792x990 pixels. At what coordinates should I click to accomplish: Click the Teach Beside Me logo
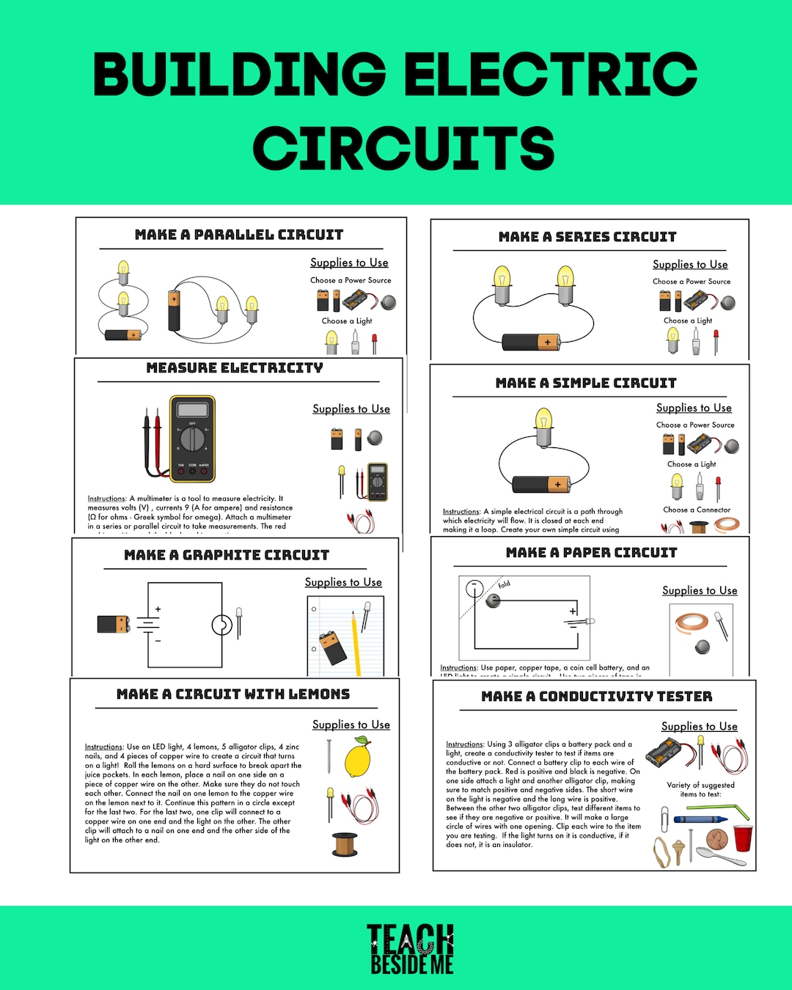pyautogui.click(x=411, y=949)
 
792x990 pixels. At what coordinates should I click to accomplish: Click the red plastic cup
pyautogui.click(x=743, y=837)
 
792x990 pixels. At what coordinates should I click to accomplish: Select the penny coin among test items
pyautogui.click(x=716, y=839)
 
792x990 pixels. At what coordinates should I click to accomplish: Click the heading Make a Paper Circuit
pyautogui.click(x=591, y=553)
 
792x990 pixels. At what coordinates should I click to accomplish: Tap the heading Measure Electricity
pyautogui.click(x=235, y=368)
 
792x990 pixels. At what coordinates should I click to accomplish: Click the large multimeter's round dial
pyautogui.click(x=192, y=439)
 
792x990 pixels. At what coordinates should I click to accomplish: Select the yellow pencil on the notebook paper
pyautogui.click(x=356, y=642)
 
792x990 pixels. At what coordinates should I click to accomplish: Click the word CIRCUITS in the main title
pyautogui.click(x=403, y=148)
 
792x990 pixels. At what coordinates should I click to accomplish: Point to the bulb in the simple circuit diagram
pyautogui.click(x=543, y=426)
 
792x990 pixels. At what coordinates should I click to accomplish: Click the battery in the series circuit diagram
pyautogui.click(x=531, y=342)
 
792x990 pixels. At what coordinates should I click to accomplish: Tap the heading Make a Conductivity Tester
pyautogui.click(x=596, y=697)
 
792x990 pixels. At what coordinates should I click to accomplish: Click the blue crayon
pyautogui.click(x=700, y=818)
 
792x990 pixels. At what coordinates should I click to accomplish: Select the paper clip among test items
pyautogui.click(x=664, y=819)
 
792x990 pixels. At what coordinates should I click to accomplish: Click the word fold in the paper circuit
pyautogui.click(x=504, y=584)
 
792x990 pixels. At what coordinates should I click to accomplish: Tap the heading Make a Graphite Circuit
pyautogui.click(x=227, y=555)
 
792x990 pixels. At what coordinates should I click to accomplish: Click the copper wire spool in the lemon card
pyautogui.click(x=345, y=844)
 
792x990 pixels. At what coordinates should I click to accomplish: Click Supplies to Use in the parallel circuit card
pyautogui.click(x=349, y=263)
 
